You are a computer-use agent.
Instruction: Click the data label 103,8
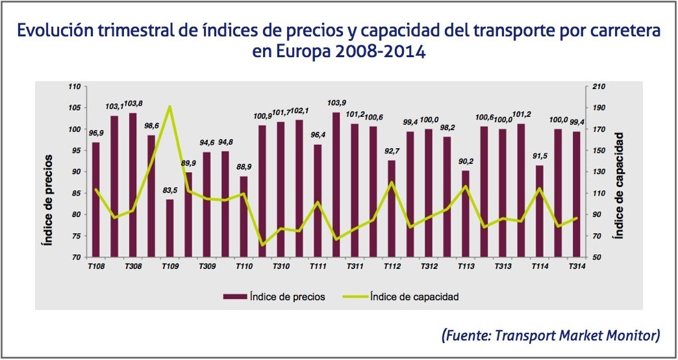coord(133,104)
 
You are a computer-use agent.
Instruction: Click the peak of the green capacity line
coord(169,107)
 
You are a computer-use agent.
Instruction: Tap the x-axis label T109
coord(170,266)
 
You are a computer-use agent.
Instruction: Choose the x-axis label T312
coord(429,266)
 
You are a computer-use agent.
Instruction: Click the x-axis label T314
coord(576,266)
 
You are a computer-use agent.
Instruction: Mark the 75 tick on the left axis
coord(75,235)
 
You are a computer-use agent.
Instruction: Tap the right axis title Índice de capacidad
coord(620,185)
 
